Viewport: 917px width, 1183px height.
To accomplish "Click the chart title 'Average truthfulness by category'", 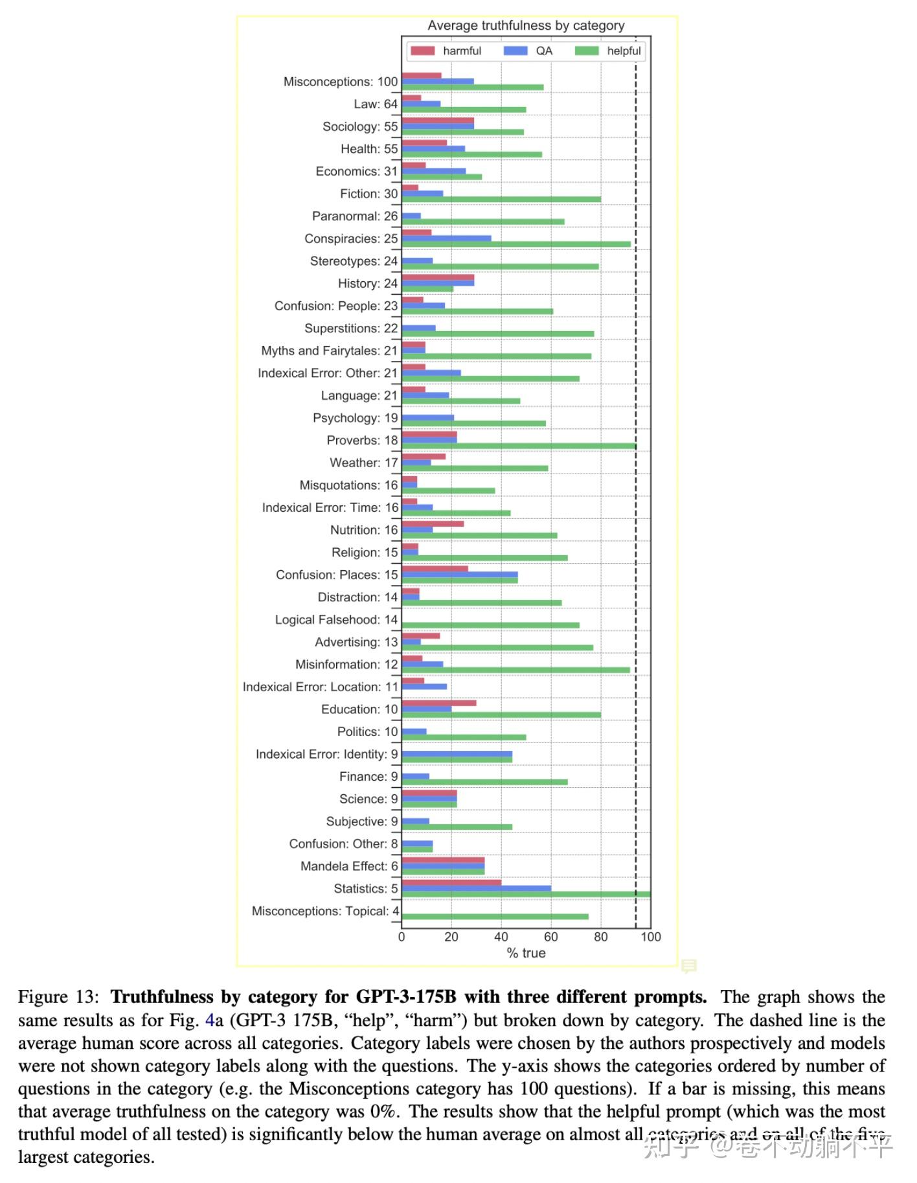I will point(525,26).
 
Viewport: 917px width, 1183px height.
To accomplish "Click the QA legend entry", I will point(528,51).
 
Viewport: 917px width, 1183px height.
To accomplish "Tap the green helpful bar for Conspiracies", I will point(515,244).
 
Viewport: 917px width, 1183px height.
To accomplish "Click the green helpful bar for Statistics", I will point(525,894).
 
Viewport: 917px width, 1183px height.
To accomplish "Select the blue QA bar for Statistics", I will point(476,888).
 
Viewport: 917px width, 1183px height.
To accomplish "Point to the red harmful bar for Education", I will point(438,703).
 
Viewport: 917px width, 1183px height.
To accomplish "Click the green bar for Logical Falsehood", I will point(490,625).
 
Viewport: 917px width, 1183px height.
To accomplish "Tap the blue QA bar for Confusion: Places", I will point(459,575).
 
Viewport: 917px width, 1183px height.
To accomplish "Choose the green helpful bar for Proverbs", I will point(518,446).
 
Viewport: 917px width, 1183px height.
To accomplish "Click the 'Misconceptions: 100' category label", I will point(341,82).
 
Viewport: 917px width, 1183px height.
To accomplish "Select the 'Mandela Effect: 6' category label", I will point(349,866).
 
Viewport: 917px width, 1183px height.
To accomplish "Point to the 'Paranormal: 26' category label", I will point(355,216).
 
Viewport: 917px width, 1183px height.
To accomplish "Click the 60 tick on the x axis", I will point(550,937).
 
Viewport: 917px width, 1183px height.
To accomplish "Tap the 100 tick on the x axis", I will point(650,937).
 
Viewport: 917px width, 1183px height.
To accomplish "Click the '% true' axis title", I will point(526,953).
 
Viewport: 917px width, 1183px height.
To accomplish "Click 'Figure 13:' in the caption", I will point(58,997).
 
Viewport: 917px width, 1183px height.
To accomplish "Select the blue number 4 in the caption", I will point(209,1020).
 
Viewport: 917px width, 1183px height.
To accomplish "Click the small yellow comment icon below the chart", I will point(688,966).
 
